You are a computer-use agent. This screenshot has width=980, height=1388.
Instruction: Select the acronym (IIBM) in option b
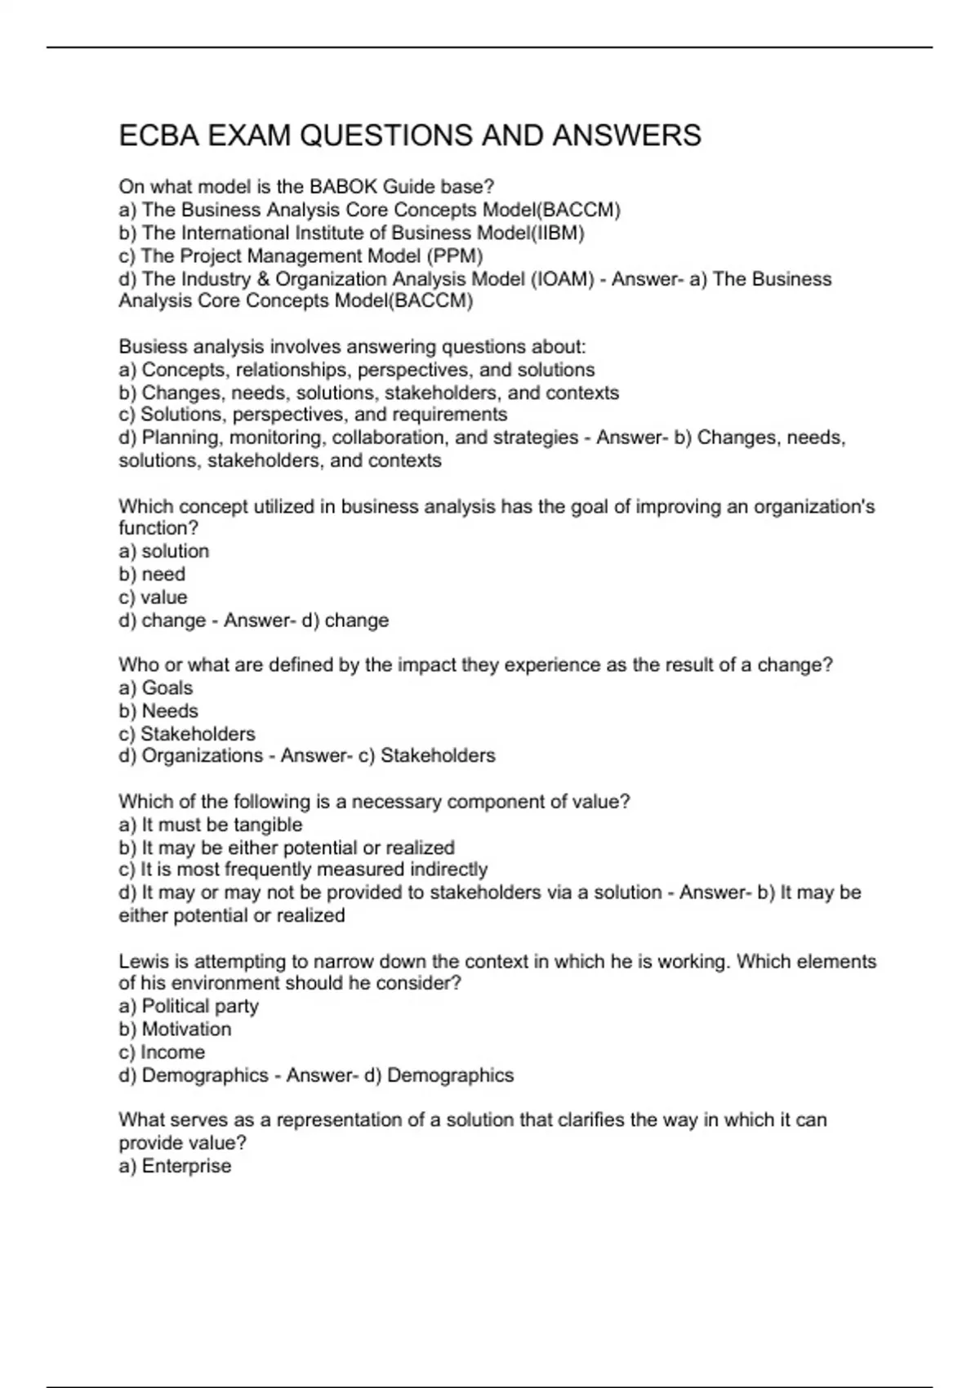558,234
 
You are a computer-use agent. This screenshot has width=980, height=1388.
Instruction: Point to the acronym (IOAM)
563,279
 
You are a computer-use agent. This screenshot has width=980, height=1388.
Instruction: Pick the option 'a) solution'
163,552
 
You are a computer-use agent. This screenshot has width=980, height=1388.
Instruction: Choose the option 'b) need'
152,575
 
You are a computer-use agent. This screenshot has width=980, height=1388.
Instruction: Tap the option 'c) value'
153,598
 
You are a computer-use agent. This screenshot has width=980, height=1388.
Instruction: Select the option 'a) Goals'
155,688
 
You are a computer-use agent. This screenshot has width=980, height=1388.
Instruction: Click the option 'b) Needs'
158,711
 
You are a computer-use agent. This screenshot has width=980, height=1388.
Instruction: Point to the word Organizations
203,756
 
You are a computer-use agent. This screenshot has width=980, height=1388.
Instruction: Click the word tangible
268,825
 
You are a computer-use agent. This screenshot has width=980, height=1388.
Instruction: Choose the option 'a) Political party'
189,1007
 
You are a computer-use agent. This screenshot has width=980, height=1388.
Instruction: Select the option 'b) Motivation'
175,1030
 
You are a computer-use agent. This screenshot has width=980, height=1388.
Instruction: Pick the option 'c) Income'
162,1052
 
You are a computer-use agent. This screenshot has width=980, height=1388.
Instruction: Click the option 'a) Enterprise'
175,1166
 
